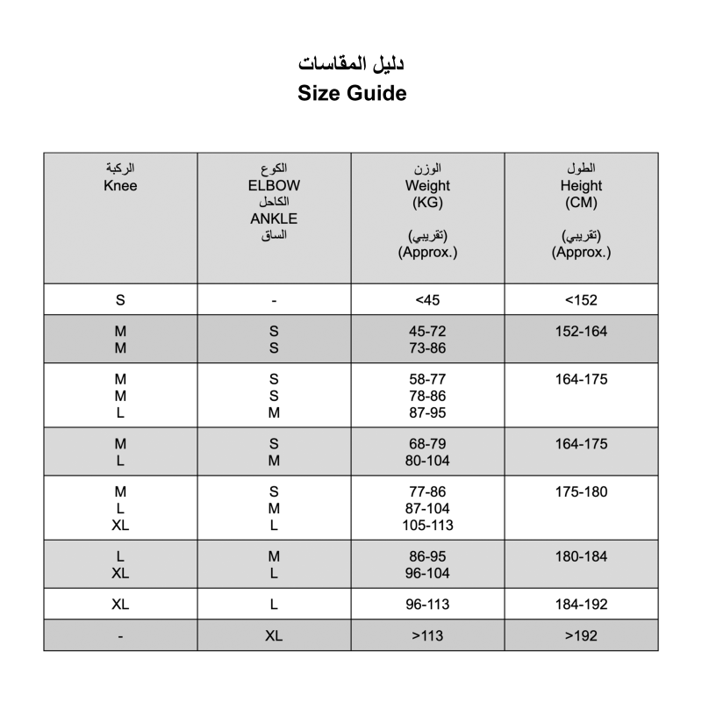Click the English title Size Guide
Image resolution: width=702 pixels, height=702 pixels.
[351, 93]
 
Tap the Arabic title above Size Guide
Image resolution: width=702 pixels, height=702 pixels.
[351, 64]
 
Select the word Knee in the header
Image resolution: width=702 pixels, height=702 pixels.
[120, 186]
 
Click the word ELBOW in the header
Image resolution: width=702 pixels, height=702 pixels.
[274, 186]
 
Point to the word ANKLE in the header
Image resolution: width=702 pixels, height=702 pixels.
[274, 219]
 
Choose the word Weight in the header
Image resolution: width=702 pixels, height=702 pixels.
[427, 186]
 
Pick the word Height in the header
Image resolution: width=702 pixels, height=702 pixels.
[581, 186]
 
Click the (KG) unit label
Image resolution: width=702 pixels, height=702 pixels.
[427, 203]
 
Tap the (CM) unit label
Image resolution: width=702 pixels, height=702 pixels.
[581, 203]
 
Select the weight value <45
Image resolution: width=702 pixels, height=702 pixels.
[427, 300]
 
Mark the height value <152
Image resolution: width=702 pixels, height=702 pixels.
[581, 300]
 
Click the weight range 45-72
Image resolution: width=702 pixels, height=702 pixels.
[427, 332]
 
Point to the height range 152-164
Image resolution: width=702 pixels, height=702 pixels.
[581, 332]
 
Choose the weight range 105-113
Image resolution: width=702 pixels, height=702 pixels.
[427, 526]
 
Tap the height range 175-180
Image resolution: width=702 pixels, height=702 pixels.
[581, 492]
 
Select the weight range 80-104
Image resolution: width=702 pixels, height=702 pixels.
[427, 460]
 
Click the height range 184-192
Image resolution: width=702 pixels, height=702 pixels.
[581, 605]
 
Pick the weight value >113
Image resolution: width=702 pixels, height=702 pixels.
[427, 636]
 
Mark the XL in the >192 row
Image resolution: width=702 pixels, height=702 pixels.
[274, 636]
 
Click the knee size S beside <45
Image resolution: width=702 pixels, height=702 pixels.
[120, 300]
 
